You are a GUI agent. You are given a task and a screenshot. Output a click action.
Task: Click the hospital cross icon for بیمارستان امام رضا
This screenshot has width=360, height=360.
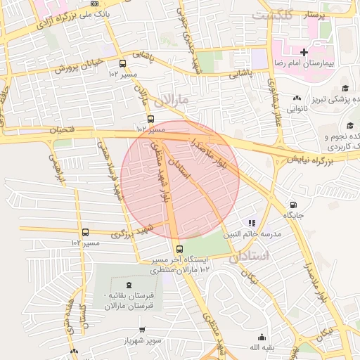tap(304, 53)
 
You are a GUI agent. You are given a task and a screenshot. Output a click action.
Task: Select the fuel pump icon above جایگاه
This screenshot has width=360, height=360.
tap(292, 205)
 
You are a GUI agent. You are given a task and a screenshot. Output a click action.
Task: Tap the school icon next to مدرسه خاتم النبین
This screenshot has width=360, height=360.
tap(252, 223)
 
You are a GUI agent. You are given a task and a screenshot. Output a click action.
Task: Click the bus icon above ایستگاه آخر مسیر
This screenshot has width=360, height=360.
tap(179, 249)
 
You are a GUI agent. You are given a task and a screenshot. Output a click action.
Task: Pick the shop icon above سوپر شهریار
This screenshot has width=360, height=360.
tap(143, 329)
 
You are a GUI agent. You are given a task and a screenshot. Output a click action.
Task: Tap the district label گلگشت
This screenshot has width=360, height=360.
tap(271, 14)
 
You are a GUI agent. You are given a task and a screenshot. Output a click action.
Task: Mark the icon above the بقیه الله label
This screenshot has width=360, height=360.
tap(262, 337)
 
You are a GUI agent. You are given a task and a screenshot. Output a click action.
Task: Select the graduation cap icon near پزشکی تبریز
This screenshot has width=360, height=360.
tap(345, 89)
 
